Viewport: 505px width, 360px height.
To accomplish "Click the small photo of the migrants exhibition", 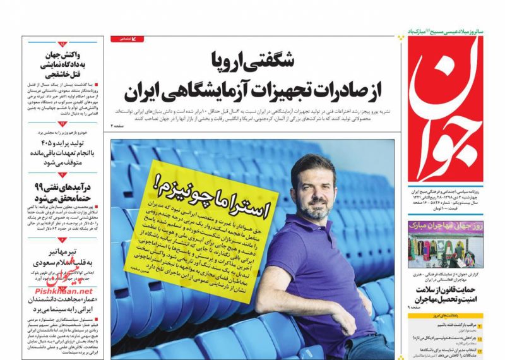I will pos(449,249).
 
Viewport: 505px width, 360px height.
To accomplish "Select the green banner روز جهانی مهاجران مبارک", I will pos(449,225).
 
